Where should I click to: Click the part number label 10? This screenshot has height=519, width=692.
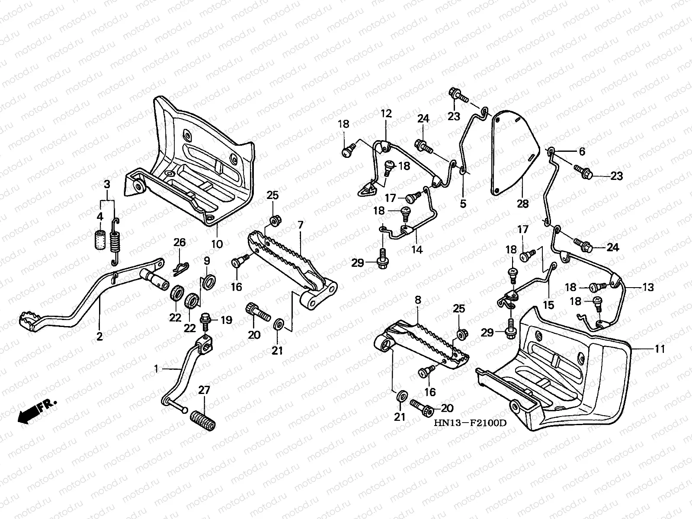point(217,244)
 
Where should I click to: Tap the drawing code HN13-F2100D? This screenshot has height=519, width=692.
point(471,423)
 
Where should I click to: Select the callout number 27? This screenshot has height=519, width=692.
point(204,390)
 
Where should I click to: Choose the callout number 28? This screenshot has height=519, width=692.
point(523,203)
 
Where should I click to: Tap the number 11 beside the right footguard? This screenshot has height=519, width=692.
point(659,349)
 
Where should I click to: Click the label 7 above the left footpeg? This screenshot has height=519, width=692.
point(300,224)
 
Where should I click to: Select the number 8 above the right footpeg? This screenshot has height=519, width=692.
point(417,299)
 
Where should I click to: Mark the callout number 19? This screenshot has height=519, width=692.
point(227,320)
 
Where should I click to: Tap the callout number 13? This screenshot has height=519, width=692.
point(648,288)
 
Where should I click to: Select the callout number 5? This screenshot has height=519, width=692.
point(463,203)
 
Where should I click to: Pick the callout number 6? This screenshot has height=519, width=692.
point(582,151)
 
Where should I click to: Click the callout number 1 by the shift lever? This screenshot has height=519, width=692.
point(157,368)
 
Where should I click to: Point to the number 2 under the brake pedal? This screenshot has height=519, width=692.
point(99,336)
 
